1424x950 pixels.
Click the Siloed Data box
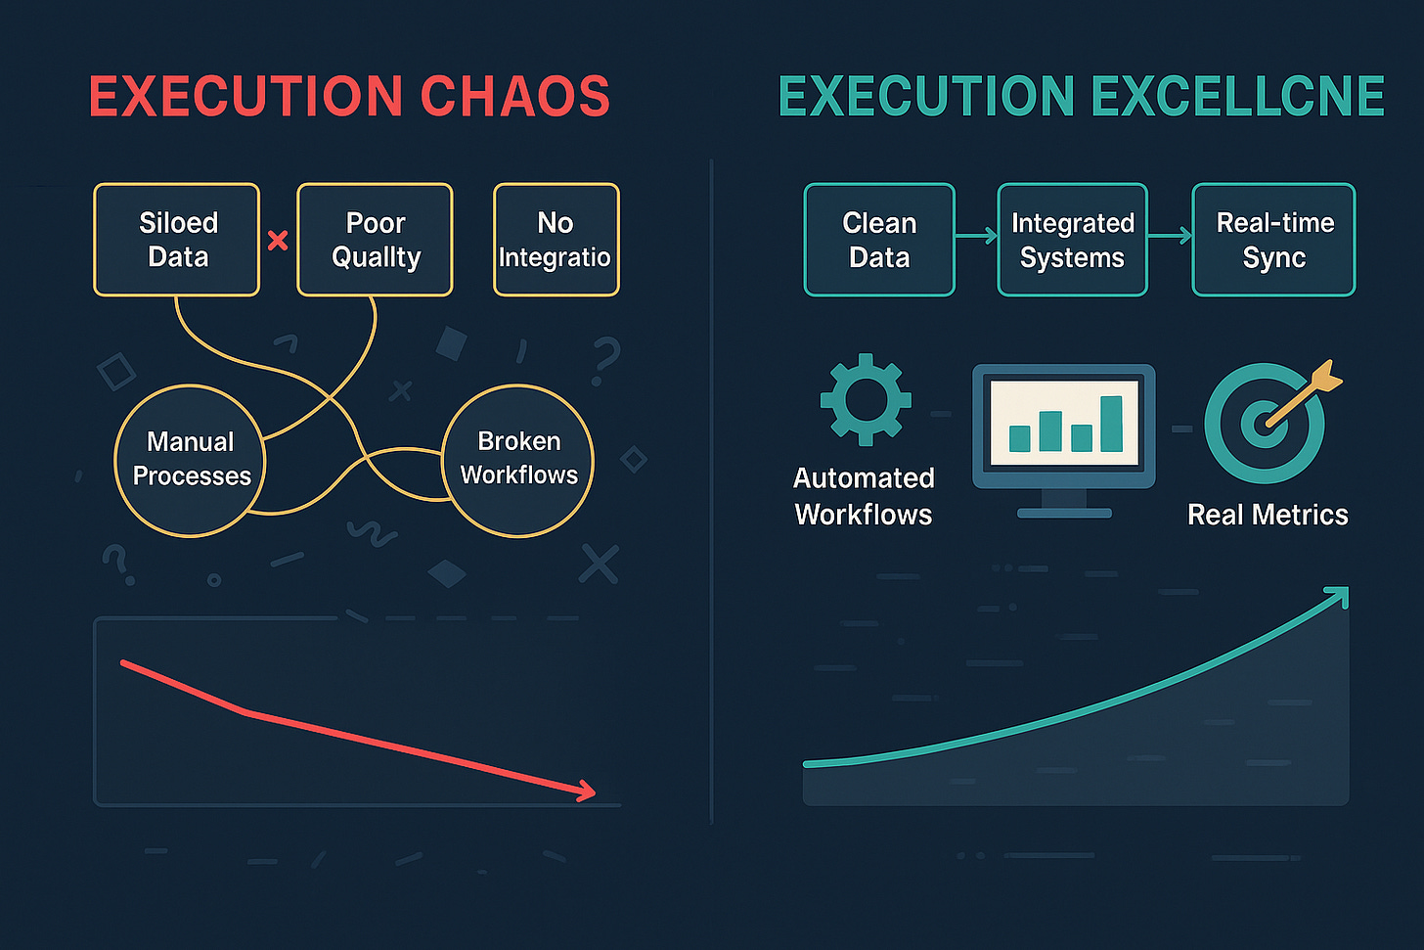tap(177, 240)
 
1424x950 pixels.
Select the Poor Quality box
tap(376, 240)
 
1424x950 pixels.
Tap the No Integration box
tap(556, 240)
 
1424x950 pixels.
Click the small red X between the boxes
tap(278, 240)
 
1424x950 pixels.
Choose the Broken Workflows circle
tap(518, 460)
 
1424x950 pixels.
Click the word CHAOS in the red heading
tap(515, 96)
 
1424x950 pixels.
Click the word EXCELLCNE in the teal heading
tap(1237, 96)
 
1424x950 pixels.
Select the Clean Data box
tap(879, 240)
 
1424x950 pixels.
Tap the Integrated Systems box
tap(1072, 240)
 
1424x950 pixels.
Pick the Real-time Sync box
tap(1273, 240)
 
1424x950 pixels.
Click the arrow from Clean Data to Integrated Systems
tap(976, 236)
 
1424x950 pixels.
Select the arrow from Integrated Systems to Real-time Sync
tap(1170, 236)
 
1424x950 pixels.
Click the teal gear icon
tap(866, 400)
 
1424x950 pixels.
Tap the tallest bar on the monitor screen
tap(1111, 423)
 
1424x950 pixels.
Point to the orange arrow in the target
tap(1305, 395)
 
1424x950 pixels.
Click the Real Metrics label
tap(1268, 515)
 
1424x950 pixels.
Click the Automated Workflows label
tap(864, 496)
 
